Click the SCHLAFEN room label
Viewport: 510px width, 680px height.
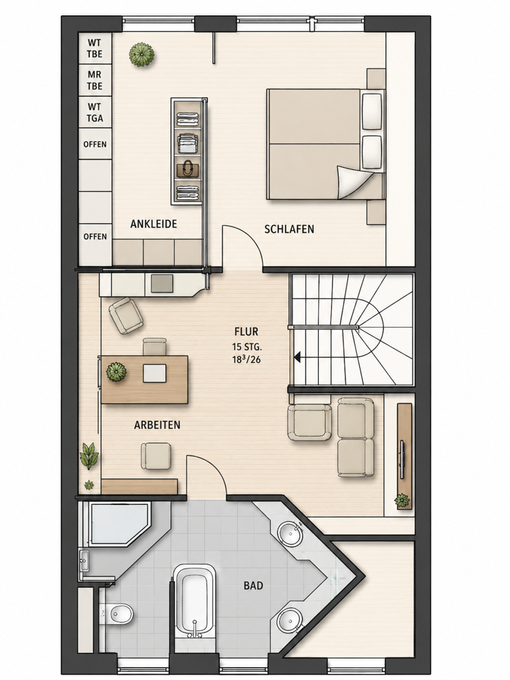point(289,229)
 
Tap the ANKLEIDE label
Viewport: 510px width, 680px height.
point(154,224)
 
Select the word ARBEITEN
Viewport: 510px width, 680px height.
point(157,425)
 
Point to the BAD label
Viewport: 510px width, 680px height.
point(253,586)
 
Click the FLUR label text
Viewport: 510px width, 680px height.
point(246,332)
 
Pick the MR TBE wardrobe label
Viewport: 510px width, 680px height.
point(95,81)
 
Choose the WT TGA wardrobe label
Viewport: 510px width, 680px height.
point(95,112)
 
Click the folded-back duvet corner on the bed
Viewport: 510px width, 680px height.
point(354,182)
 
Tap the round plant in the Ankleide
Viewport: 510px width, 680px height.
point(142,54)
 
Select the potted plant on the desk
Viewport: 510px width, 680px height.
point(117,372)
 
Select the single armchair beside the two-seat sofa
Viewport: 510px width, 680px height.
point(309,422)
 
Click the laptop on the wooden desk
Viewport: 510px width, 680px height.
point(154,373)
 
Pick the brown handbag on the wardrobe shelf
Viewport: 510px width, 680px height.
point(188,168)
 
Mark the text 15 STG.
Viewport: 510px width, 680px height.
point(248,347)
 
